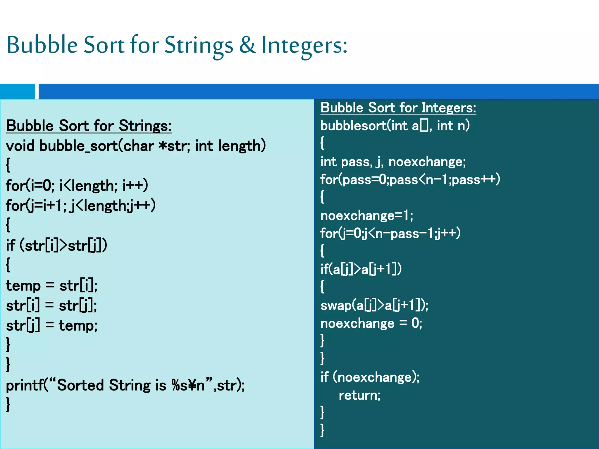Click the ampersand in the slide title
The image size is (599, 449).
tap(247, 45)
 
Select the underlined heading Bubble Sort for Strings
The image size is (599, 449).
tap(89, 126)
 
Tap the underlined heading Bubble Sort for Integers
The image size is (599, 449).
tap(398, 108)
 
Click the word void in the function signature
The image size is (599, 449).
tap(20, 146)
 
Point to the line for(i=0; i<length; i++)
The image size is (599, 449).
tap(77, 186)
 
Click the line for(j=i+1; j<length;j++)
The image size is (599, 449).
tap(81, 205)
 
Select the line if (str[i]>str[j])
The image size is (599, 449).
tap(57, 245)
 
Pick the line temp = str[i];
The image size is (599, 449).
tap(52, 286)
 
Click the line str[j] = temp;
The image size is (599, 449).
tap(52, 325)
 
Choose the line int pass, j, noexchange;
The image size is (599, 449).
tap(393, 162)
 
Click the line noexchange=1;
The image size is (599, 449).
tap(367, 216)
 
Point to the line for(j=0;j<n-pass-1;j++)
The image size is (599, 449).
tap(390, 233)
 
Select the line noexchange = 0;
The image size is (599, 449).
tap(371, 323)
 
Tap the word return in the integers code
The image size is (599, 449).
tap(359, 396)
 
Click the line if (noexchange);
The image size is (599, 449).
tap(370, 377)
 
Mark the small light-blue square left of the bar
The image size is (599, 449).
tap(17, 91)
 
